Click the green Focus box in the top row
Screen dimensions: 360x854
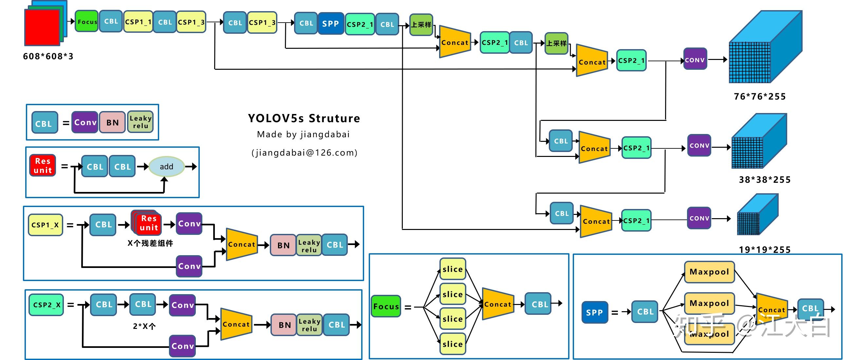[x=86, y=22]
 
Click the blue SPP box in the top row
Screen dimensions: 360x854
[x=330, y=24]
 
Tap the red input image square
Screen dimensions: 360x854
[x=42, y=28]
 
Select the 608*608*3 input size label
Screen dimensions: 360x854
[x=48, y=56]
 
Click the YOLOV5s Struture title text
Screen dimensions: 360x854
[x=304, y=118]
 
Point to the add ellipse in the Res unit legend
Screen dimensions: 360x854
[x=166, y=166]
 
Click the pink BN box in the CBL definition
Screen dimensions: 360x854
[x=112, y=122]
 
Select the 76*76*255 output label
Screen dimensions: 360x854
[x=759, y=96]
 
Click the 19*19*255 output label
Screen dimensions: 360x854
[x=765, y=249]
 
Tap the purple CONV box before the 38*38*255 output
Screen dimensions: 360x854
[x=699, y=145]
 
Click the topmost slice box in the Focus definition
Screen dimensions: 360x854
[x=453, y=269]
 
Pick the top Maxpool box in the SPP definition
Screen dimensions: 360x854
[x=709, y=272]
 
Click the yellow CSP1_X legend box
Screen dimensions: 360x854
[x=46, y=225]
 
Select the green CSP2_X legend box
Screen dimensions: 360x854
[x=46, y=305]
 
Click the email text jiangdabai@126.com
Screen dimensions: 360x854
[x=304, y=153]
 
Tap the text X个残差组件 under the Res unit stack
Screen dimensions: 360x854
[x=150, y=243]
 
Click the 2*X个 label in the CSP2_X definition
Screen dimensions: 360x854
[x=144, y=326]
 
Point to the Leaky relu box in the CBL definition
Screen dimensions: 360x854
[x=140, y=122]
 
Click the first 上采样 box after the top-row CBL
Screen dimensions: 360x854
[x=421, y=25]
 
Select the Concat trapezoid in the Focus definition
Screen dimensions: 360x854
[x=498, y=304]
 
